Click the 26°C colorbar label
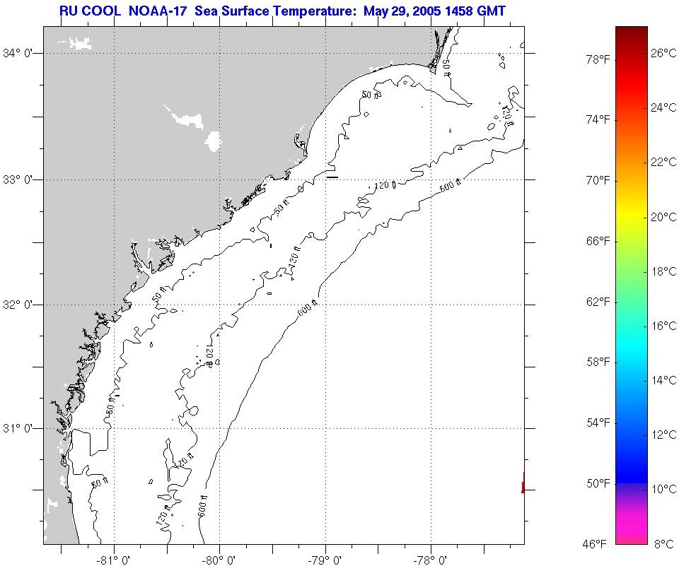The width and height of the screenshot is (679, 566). point(663,53)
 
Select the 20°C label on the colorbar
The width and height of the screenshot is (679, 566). point(663,217)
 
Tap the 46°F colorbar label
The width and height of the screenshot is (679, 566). point(595,543)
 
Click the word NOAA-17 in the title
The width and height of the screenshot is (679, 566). point(158,11)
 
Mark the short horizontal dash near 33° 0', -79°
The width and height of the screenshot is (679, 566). point(332,177)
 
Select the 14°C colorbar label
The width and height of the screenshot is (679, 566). point(663,380)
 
